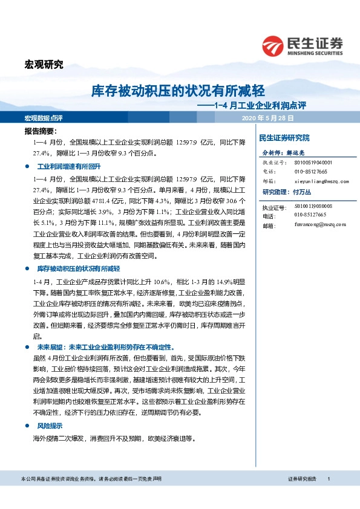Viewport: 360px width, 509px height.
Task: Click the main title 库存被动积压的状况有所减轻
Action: tap(178, 91)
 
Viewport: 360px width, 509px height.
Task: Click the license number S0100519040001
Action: tap(313, 163)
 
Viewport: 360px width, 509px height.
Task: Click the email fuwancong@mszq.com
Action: tap(320, 224)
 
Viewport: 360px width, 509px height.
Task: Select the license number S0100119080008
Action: tap(313, 206)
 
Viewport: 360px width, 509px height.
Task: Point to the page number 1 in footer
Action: tap(328, 496)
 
